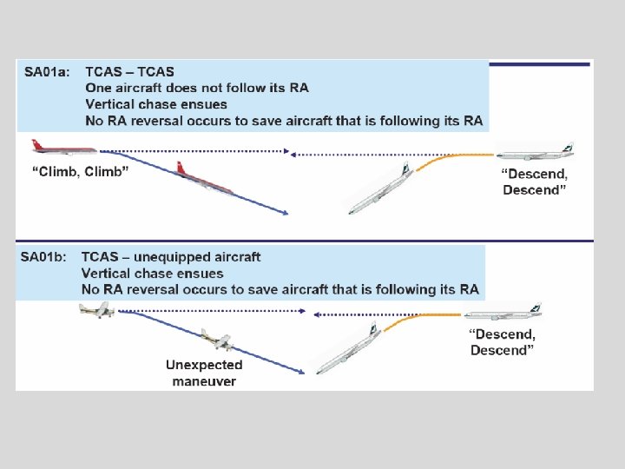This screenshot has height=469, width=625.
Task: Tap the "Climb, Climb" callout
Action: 80,172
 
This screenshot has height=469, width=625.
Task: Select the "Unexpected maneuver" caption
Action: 204,373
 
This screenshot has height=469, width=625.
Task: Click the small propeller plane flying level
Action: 96,309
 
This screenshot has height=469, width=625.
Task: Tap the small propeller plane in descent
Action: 215,339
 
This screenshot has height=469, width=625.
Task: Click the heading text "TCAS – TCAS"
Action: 129,72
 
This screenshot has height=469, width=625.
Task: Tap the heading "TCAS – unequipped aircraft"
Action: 170,257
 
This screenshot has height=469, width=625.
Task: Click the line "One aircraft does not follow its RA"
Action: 196,88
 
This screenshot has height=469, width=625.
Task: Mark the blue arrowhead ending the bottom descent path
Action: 299,371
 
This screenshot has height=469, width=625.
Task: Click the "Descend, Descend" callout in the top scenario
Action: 535,182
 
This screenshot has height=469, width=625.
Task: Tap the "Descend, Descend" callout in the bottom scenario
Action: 503,343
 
